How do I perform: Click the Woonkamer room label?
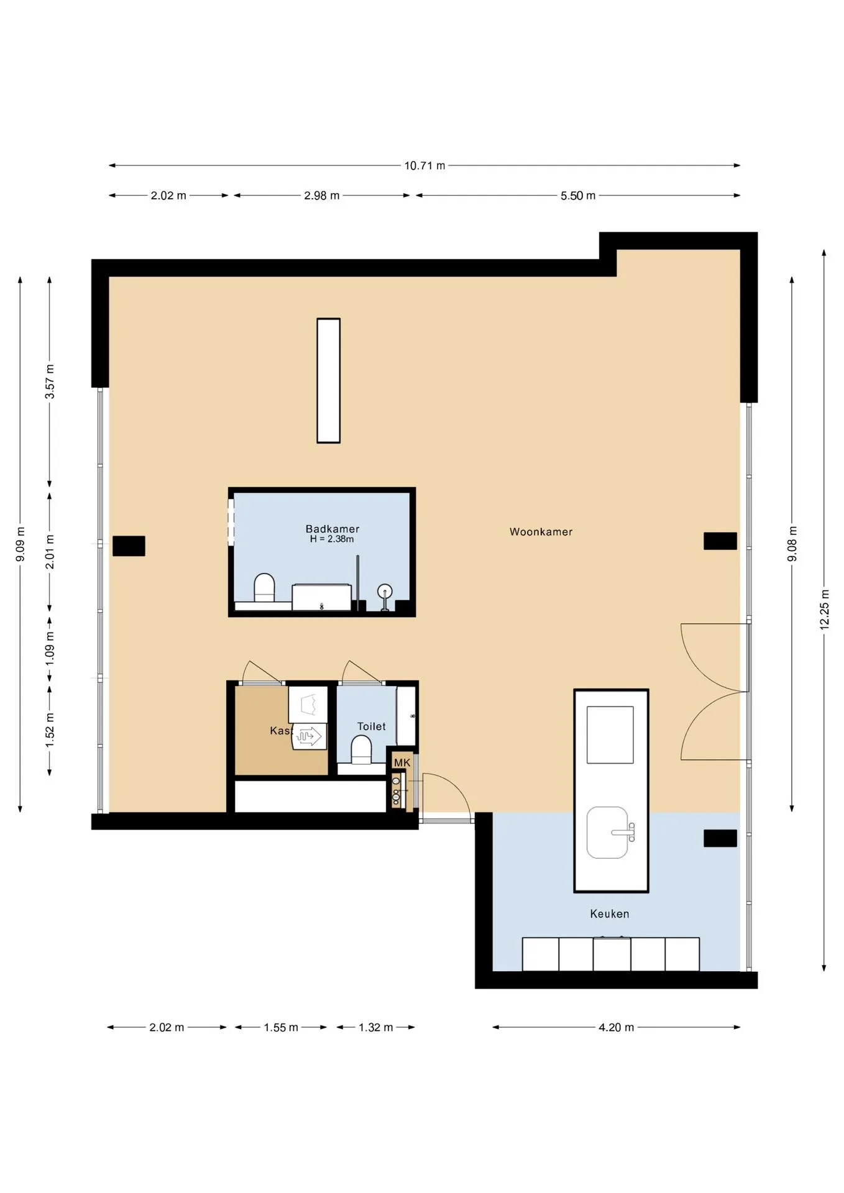[x=541, y=532]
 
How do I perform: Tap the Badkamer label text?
[x=333, y=529]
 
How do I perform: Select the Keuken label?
[x=610, y=914]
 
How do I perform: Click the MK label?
[x=402, y=763]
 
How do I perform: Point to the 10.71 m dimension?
[x=425, y=165]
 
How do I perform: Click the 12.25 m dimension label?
[x=825, y=610]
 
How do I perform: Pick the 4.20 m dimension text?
[x=617, y=1028]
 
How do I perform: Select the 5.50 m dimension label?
[x=578, y=196]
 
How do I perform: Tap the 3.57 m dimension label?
[x=50, y=382]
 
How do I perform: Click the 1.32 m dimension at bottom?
[x=376, y=1028]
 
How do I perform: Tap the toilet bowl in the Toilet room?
[x=361, y=750]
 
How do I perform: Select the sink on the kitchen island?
[x=608, y=833]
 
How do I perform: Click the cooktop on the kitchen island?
[x=610, y=735]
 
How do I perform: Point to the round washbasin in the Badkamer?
[x=385, y=591]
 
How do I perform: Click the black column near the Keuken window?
[x=720, y=838]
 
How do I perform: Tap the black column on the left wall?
[x=129, y=546]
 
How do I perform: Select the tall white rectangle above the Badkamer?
[x=329, y=381]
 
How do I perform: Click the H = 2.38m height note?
[x=332, y=539]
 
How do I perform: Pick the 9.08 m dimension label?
[x=792, y=544]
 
